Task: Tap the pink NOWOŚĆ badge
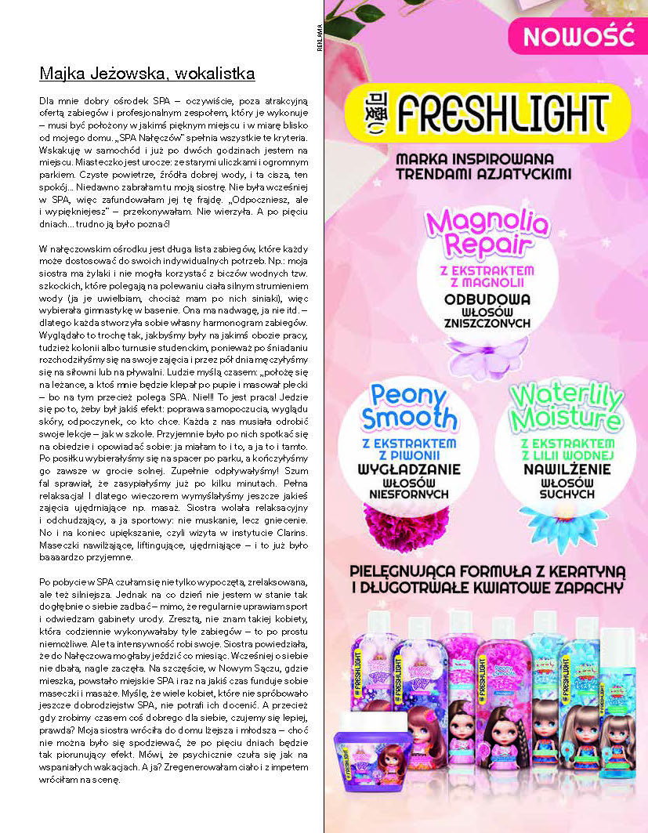coord(578,36)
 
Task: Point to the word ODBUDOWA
coord(487,299)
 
